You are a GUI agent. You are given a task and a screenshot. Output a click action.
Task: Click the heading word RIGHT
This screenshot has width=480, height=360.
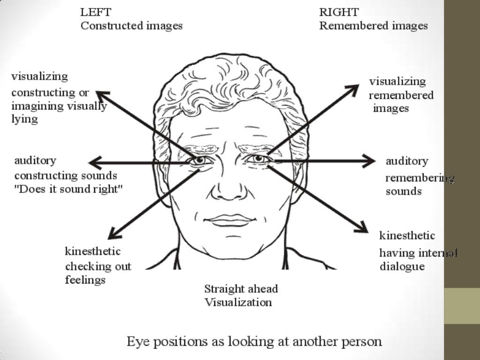coord(339,12)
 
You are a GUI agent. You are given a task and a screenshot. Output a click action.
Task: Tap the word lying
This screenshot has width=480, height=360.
coord(24,119)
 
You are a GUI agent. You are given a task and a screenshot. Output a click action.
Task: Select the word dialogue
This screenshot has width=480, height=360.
coord(402,267)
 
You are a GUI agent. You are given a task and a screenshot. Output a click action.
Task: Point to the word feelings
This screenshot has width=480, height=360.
coord(85,280)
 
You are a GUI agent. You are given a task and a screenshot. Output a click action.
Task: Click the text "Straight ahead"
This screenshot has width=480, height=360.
coord(241,289)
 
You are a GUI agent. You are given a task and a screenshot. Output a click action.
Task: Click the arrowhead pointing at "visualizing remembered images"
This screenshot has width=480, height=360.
coord(354,89)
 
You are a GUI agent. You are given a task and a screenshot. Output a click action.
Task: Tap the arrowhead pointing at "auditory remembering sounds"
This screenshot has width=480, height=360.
coord(370,162)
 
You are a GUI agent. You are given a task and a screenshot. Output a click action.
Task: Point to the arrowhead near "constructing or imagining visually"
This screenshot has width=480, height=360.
coord(101,94)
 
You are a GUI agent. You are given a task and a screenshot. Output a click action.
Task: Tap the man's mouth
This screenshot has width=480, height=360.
coord(230,220)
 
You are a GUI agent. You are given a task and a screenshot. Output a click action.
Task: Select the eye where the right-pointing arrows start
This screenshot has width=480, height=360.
coord(258,159)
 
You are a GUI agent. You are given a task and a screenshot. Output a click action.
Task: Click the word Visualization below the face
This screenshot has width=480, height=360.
coord(238,302)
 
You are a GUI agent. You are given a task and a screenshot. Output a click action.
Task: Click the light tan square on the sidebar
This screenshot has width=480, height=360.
coord(462,306)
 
